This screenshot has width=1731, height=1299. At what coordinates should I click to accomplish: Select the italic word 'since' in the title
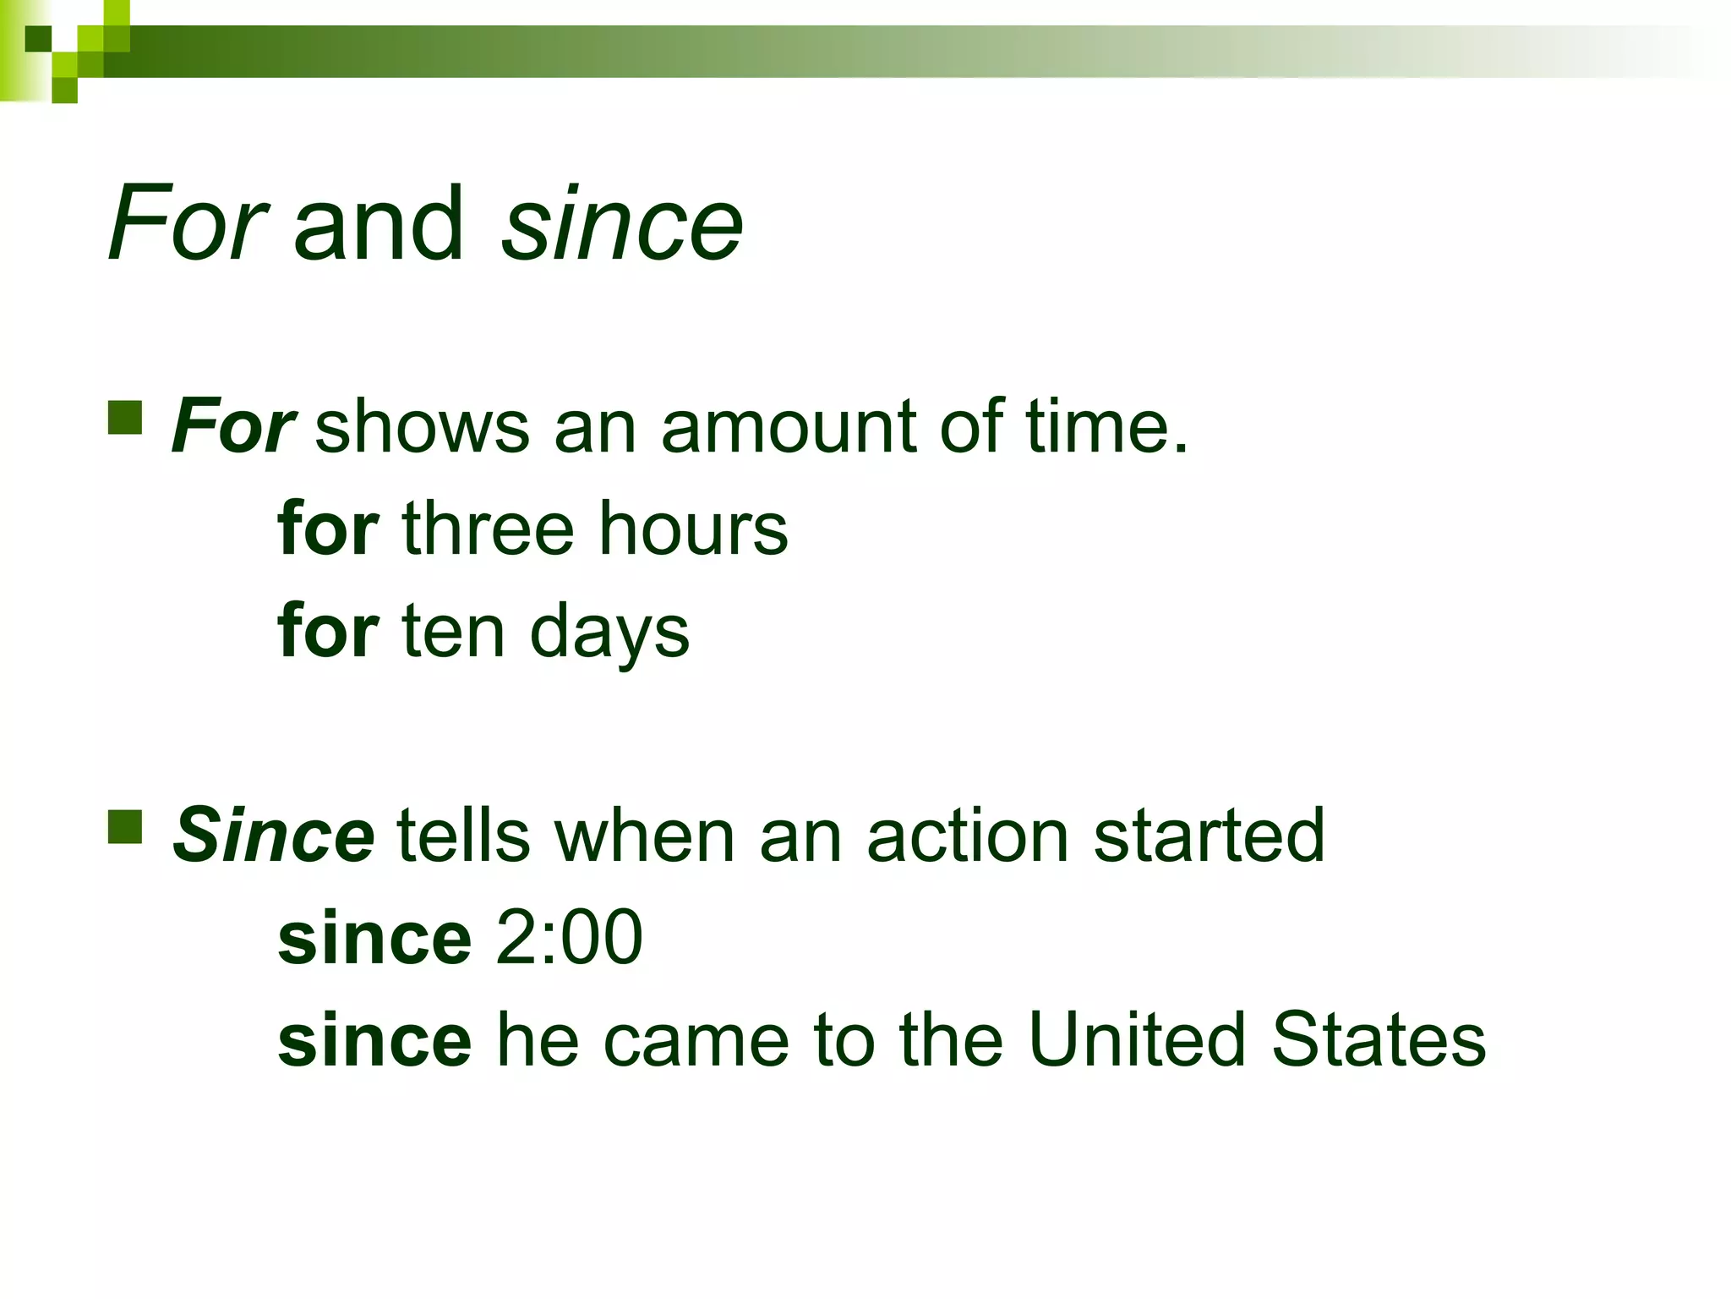click(x=622, y=224)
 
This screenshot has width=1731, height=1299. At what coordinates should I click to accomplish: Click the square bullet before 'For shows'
click(x=125, y=418)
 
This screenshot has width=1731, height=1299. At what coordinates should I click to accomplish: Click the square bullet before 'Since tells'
click(x=125, y=827)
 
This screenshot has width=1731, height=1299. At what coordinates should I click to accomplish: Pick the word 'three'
click(x=489, y=529)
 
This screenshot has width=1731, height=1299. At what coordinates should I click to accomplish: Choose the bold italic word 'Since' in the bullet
click(x=273, y=836)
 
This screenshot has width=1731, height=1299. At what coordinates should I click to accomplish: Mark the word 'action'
click(x=969, y=836)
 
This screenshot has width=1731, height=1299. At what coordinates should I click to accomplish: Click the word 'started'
click(x=1209, y=836)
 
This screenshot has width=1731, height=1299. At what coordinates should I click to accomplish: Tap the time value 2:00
click(x=569, y=937)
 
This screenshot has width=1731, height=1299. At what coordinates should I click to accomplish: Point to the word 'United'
click(x=1138, y=1039)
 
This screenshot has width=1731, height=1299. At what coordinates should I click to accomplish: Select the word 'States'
click(x=1379, y=1039)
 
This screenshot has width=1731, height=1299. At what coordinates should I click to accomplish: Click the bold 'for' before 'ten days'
click(x=328, y=632)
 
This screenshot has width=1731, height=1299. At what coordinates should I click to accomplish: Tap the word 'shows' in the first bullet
click(x=423, y=427)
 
